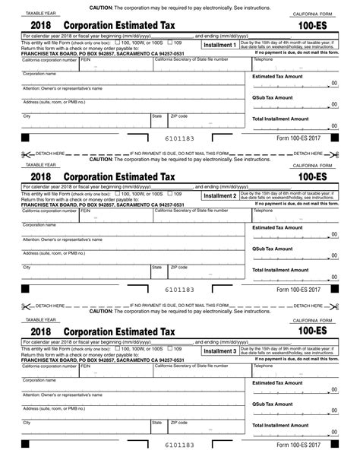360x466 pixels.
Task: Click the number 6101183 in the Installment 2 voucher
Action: click(x=180, y=290)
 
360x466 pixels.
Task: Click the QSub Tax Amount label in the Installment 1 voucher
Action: click(x=272, y=98)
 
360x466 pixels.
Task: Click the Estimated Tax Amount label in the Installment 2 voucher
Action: click(x=277, y=227)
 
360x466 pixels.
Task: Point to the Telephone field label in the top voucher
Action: click(x=263, y=59)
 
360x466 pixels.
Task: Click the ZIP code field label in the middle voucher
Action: click(x=179, y=267)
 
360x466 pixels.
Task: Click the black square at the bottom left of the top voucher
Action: click(x=24, y=139)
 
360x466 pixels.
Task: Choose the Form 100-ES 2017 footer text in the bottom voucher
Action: click(x=298, y=445)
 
